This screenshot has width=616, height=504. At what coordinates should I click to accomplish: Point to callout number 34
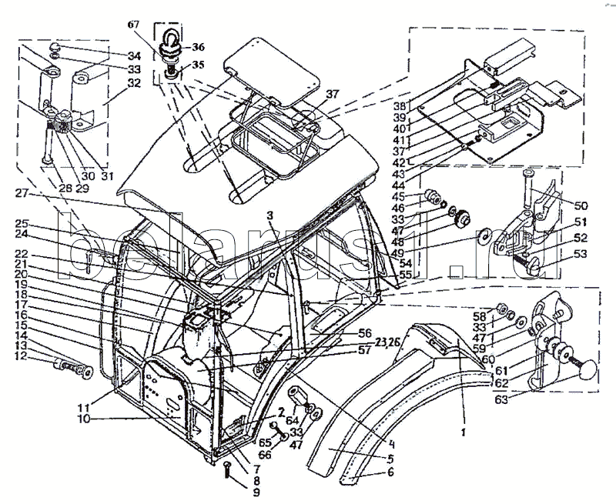point(134,55)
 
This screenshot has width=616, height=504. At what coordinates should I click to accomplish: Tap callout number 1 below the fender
point(462,433)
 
